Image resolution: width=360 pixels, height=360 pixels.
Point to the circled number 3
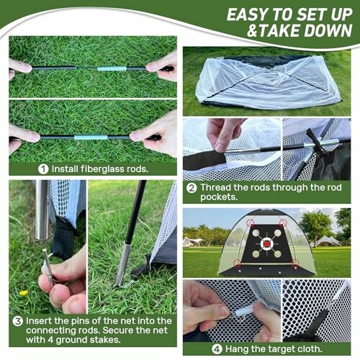click(x=17, y=320)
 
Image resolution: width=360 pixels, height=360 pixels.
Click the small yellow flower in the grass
click(x=23, y=293)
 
